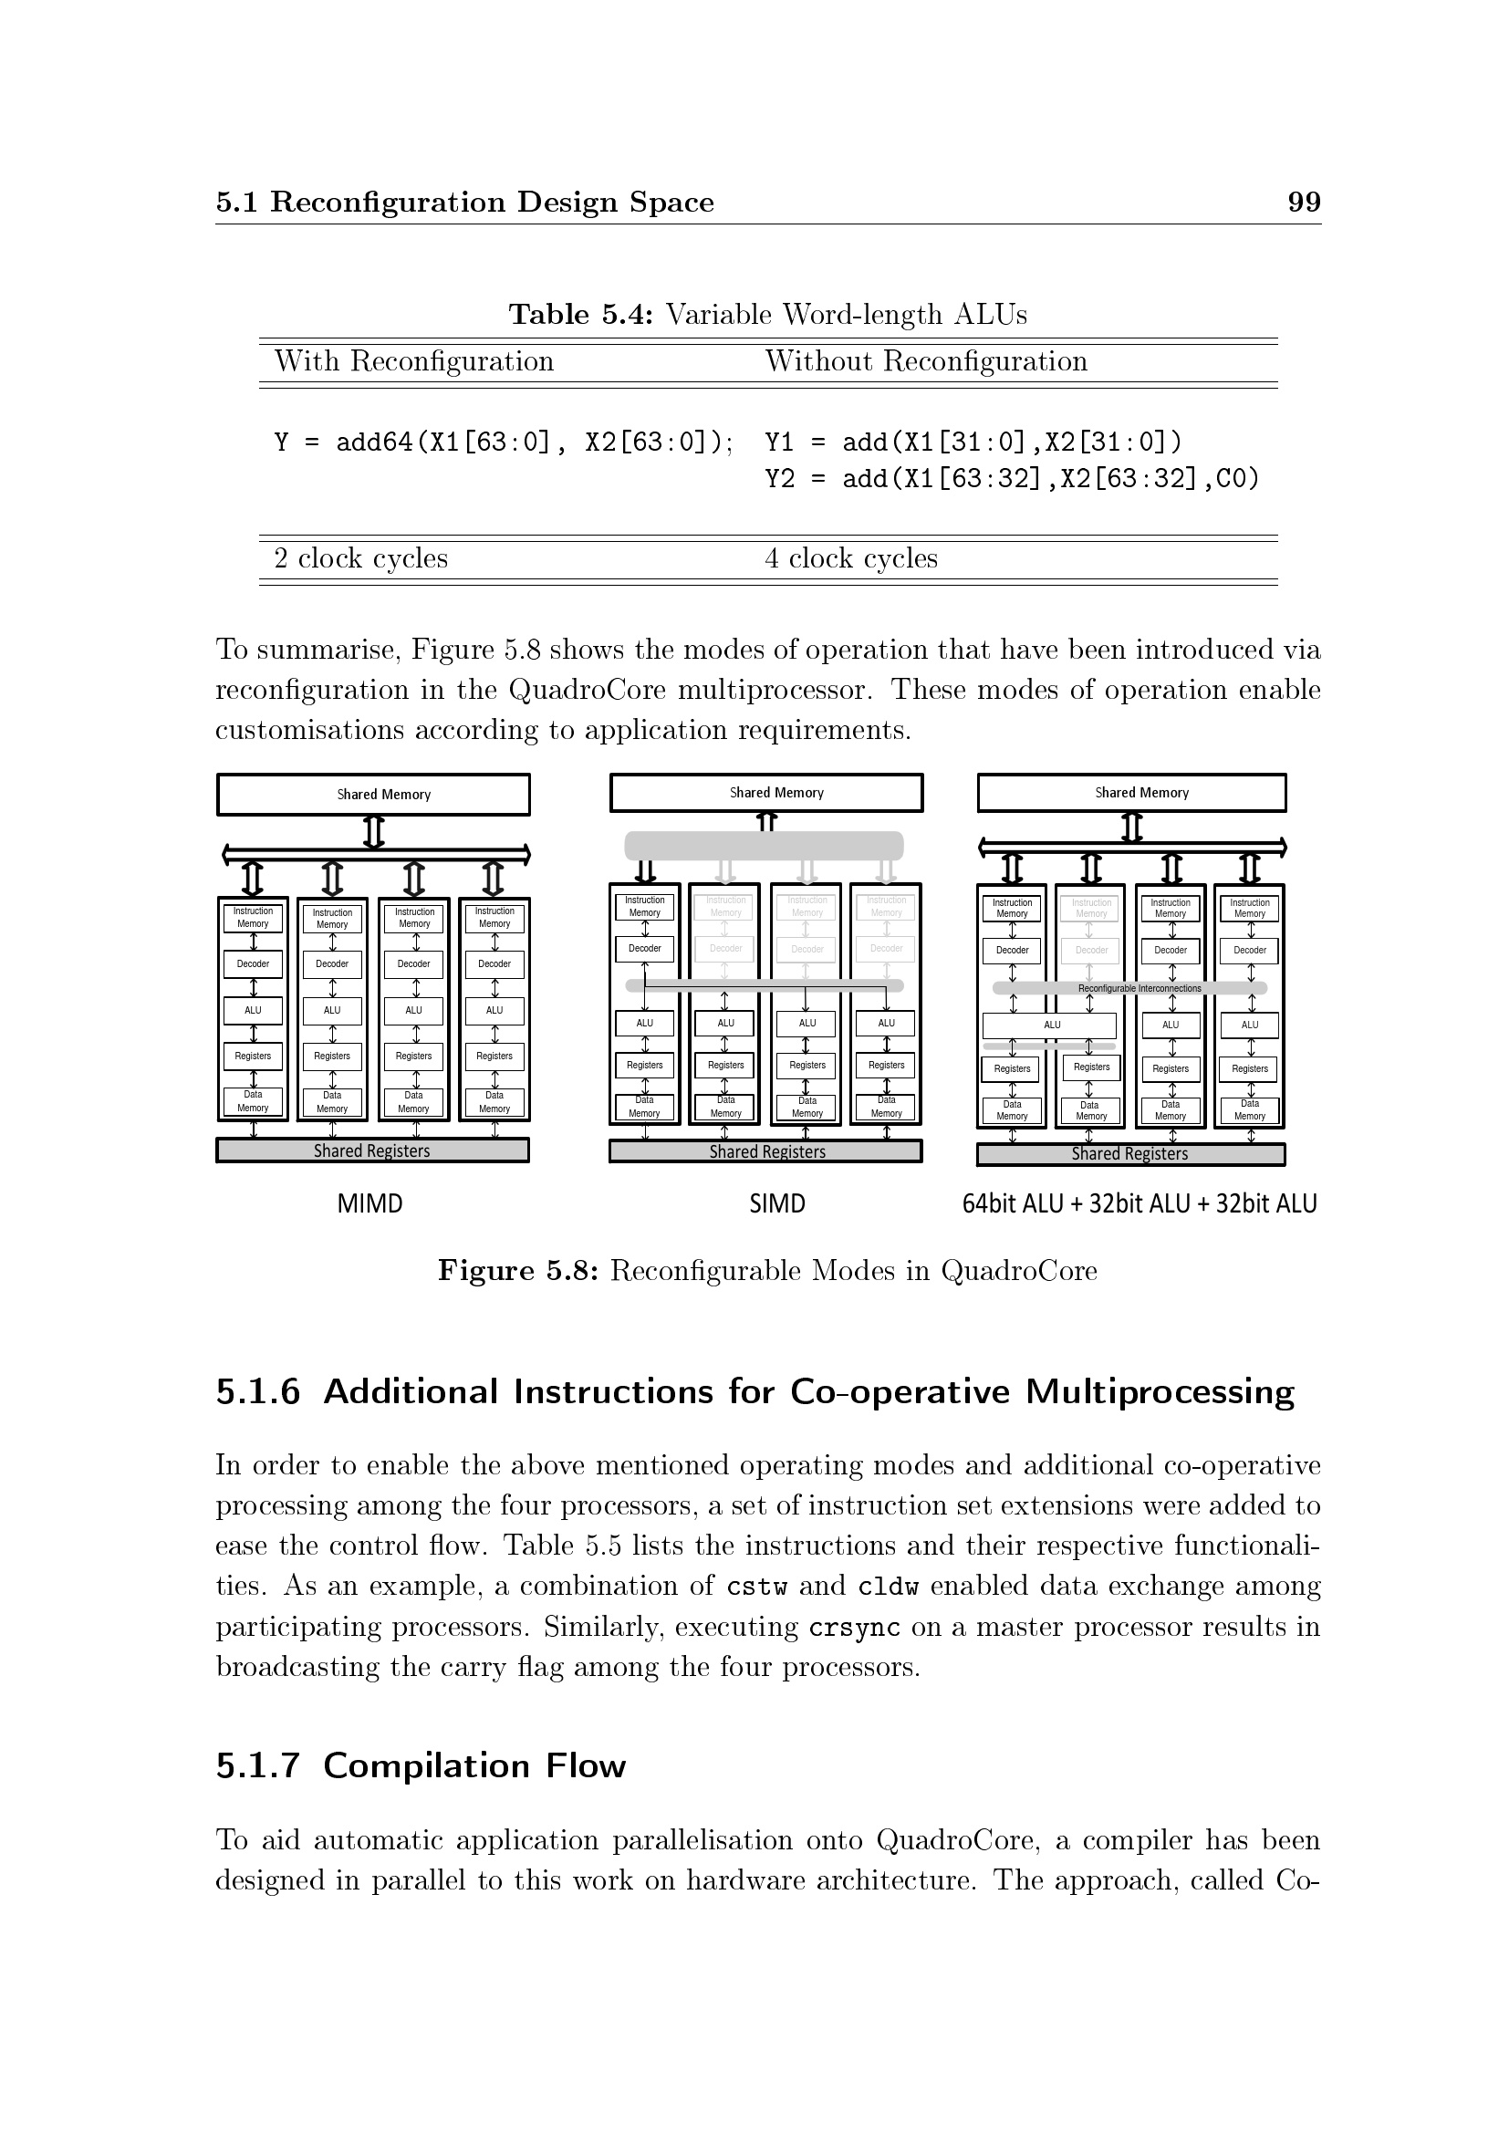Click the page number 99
[1304, 202]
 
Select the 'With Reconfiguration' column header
[413, 360]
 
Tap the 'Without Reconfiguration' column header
[925, 360]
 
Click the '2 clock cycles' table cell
[360, 557]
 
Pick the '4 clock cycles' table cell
[851, 557]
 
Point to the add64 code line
[504, 442]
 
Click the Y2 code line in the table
[1011, 479]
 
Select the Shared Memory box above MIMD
[373, 795]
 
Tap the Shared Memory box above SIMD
[766, 793]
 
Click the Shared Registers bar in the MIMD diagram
[372, 1150]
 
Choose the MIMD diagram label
[369, 1203]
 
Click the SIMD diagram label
[776, 1203]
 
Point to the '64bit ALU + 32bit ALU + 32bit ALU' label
[1140, 1203]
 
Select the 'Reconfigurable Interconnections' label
[1140, 988]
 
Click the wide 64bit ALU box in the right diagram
[1050, 1025]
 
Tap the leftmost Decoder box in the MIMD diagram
[253, 963]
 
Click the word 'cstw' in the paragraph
[756, 1587]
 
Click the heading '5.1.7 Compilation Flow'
[421, 1765]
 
